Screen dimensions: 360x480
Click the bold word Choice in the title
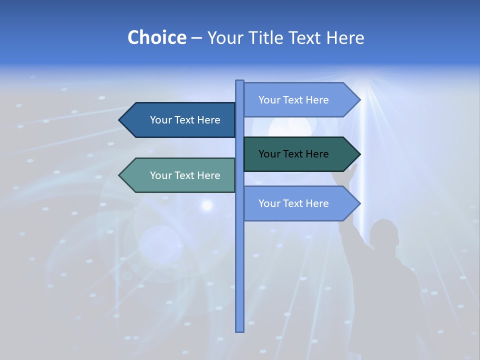pyautogui.click(x=156, y=38)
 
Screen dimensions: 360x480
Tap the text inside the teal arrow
pyautogui.click(x=185, y=175)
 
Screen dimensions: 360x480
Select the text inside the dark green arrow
pyautogui.click(x=293, y=154)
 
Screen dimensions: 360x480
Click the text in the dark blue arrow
pyautogui.click(x=185, y=120)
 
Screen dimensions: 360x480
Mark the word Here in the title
pyautogui.click(x=345, y=38)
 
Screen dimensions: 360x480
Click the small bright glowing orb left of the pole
pyautogui.click(x=206, y=204)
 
